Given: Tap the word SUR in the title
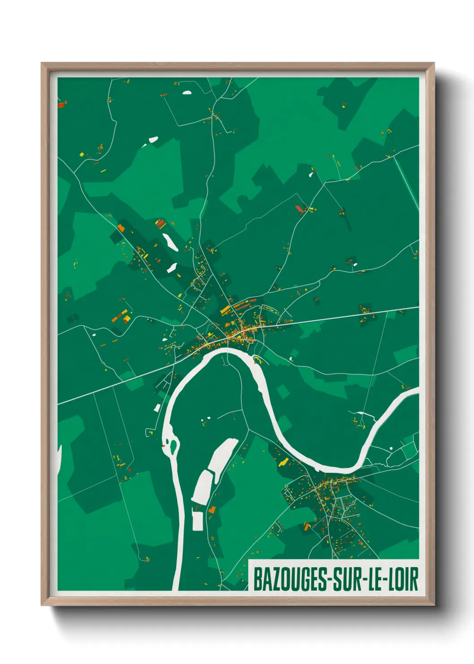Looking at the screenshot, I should coord(349,579).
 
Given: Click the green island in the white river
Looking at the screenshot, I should coord(172,446).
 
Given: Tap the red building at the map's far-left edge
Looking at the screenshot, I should coord(61,105).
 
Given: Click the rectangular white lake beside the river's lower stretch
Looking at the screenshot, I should coord(197,520).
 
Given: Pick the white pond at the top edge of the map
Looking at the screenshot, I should coord(186,93).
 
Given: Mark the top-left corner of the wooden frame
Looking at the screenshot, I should coord(42,63).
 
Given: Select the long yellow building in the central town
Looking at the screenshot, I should coord(225,310).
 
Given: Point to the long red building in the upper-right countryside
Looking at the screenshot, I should coord(299,209).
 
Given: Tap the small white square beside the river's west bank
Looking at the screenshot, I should coord(157,408).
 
